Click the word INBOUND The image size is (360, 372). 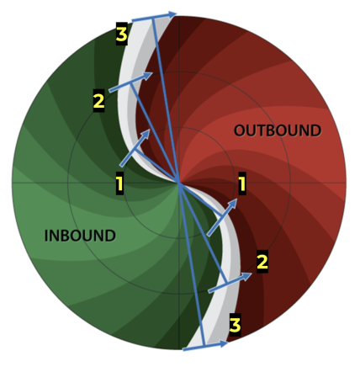[x=79, y=235]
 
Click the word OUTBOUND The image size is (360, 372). [x=277, y=130]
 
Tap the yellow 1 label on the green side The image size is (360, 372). [x=119, y=182]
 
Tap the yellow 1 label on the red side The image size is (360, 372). [x=242, y=183]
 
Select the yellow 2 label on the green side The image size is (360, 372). [x=98, y=102]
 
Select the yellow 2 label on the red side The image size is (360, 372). [x=262, y=261]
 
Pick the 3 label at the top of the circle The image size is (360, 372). [x=122, y=35]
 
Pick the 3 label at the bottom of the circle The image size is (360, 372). [x=236, y=323]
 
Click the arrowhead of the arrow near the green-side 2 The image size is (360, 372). [x=153, y=73]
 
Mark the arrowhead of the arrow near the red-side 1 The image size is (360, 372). [x=237, y=200]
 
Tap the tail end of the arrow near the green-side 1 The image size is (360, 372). [x=120, y=164]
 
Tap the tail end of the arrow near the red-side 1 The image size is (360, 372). [x=207, y=235]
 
